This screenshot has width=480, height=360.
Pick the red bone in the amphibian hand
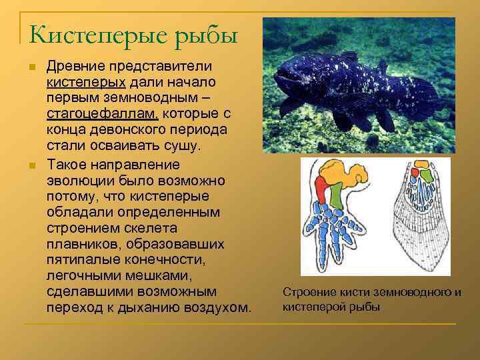pyautogui.click(x=322, y=189)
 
